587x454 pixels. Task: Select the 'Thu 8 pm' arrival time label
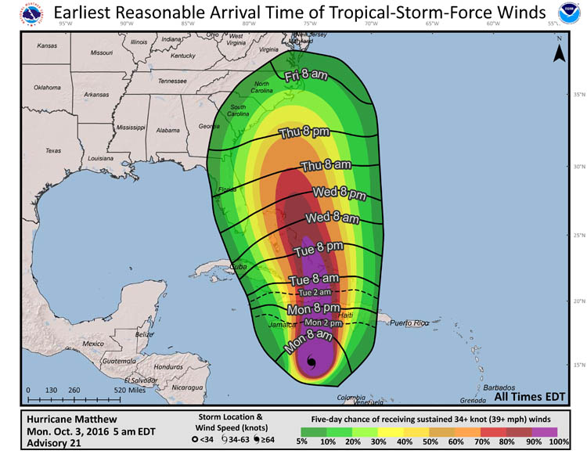304,132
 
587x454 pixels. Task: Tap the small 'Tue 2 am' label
314,292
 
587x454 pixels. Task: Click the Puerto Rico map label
411,322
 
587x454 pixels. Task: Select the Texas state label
52,150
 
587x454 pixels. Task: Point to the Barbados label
499,387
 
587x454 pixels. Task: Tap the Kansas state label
46,46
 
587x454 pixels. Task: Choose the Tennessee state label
172,81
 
